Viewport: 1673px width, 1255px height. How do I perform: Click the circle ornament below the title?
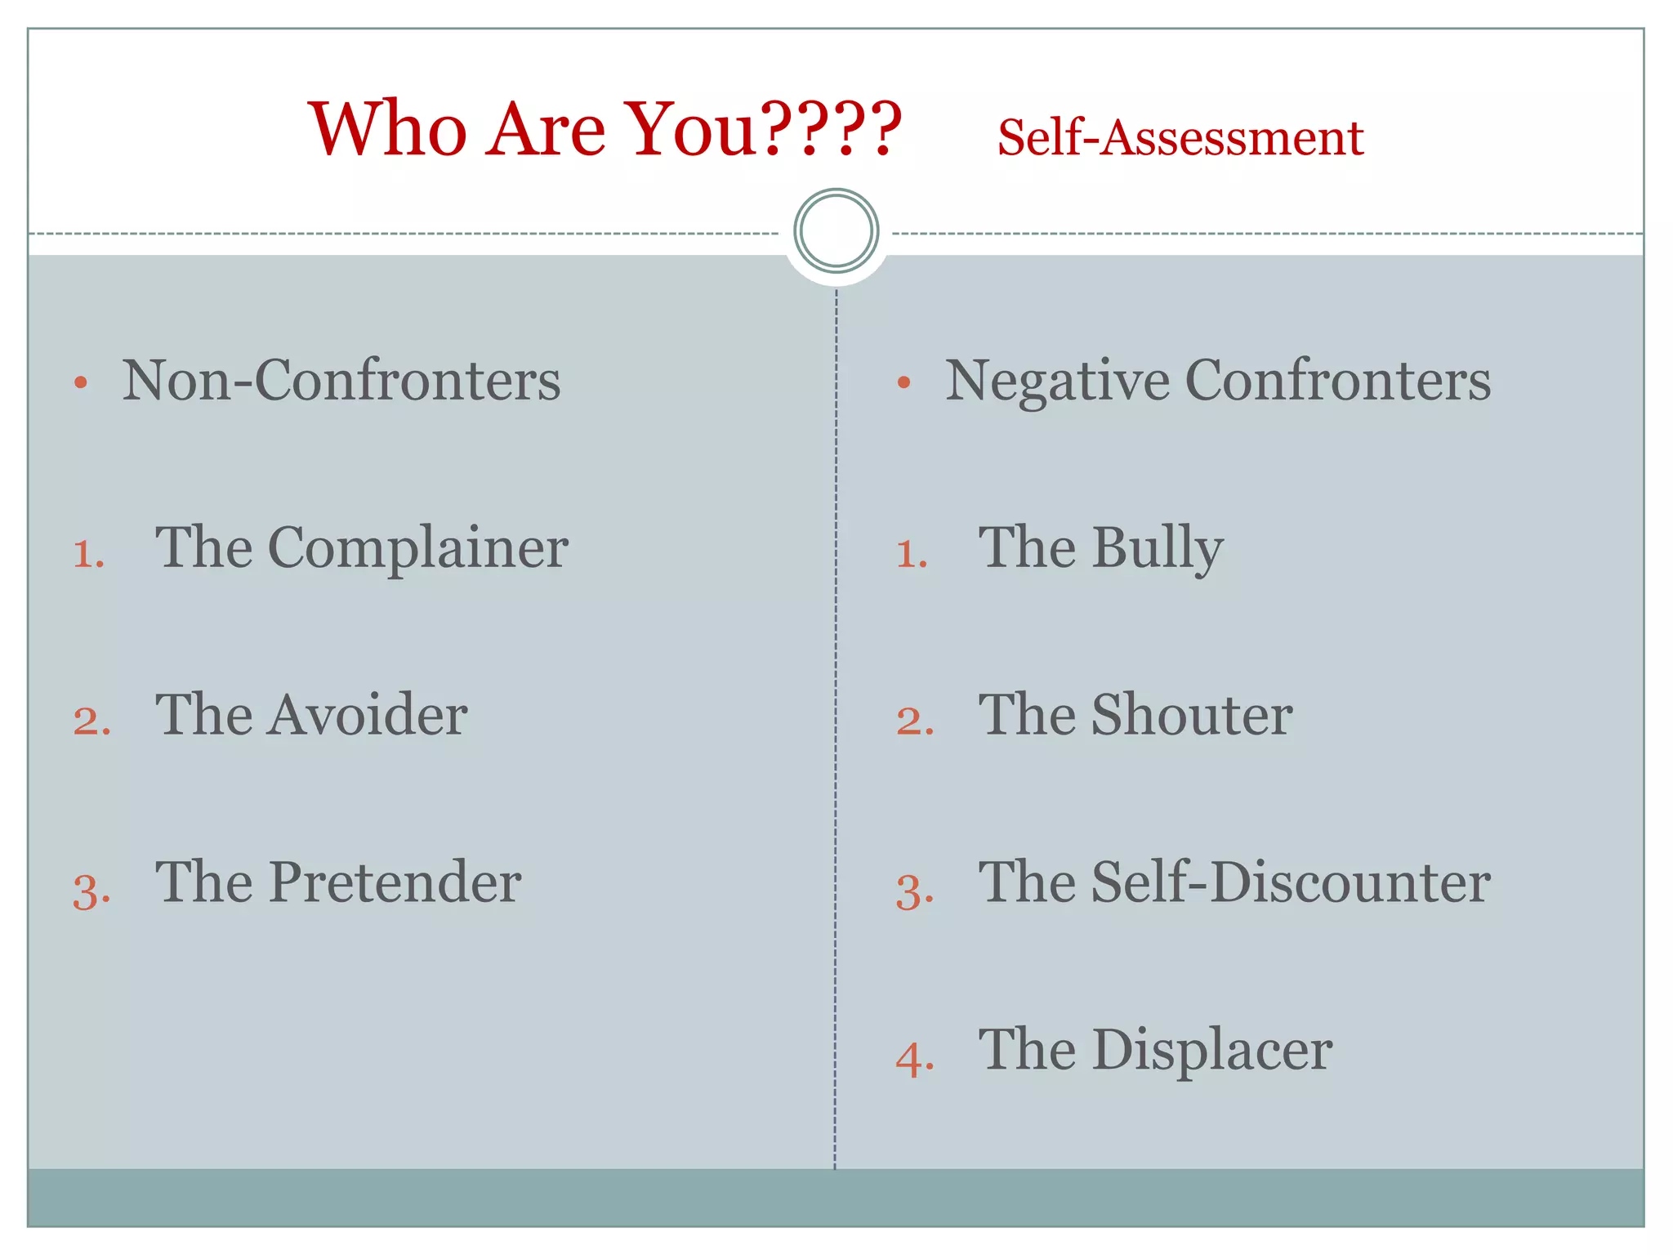point(836,231)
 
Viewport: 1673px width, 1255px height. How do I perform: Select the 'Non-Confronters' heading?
point(341,381)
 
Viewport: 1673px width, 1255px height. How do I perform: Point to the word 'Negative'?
point(1057,382)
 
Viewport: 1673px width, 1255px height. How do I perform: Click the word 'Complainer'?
point(417,548)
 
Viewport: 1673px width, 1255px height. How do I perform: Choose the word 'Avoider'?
point(368,716)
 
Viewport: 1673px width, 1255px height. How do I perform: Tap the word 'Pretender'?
point(395,883)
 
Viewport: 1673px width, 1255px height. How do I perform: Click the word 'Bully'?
point(1158,549)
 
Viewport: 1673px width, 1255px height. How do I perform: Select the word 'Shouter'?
point(1192,716)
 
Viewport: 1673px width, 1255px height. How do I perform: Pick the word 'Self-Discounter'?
point(1291,883)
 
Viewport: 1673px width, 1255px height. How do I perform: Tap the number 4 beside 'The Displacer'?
point(912,1061)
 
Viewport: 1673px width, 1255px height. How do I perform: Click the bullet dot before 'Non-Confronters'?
point(80,382)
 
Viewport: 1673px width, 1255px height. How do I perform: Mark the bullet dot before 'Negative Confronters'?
point(903,382)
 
